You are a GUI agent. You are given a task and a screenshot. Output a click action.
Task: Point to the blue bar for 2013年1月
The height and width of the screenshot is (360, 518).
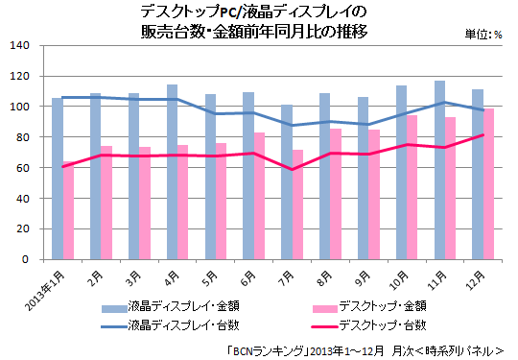57,179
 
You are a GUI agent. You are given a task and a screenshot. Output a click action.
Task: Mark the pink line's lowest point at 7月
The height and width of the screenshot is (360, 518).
292,170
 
